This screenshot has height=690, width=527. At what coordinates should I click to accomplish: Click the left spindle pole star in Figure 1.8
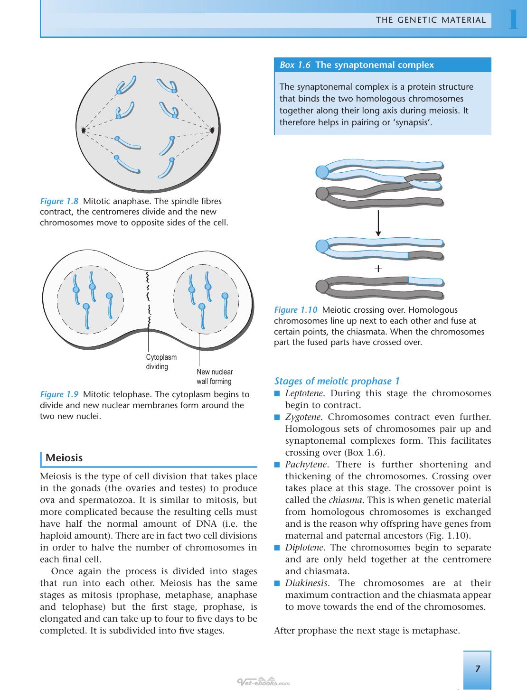coord(84,130)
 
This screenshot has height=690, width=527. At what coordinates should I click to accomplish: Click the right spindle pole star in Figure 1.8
coord(212,130)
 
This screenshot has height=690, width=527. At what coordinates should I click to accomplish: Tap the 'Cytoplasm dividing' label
coord(161,362)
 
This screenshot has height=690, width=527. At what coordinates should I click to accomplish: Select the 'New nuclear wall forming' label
coord(215,377)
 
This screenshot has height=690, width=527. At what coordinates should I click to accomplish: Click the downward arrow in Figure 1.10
coord(378,223)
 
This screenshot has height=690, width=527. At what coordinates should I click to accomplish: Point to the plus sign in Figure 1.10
coord(378,269)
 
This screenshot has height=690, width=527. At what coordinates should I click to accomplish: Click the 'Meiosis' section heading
coord(64,457)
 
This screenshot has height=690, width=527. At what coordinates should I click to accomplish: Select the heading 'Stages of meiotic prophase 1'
coord(337,381)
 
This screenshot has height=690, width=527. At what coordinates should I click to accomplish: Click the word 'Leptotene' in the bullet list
coord(304,393)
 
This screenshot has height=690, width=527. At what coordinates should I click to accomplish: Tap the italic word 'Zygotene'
coord(303,417)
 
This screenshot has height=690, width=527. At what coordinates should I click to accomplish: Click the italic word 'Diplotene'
coord(304,548)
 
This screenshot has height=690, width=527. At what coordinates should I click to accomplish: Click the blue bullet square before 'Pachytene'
coord(277,465)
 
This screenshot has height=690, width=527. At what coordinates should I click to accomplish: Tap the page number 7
coord(478,668)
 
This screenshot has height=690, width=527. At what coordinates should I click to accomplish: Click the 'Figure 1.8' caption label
coord(59,201)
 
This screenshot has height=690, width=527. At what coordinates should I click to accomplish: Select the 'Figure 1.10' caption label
coord(296,310)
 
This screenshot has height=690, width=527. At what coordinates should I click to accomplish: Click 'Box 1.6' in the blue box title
coord(295,65)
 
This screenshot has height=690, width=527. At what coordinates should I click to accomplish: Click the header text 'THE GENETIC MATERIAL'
coord(431,20)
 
